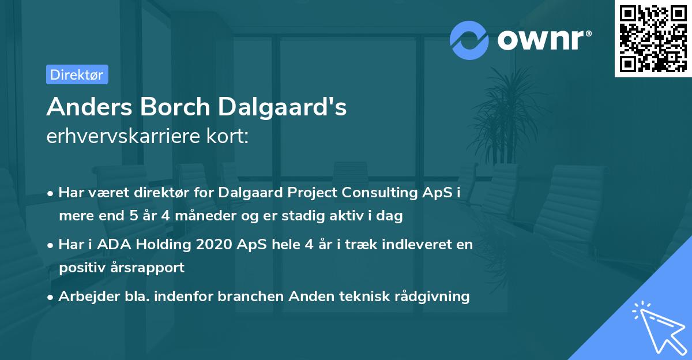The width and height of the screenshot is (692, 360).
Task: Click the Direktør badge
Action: coord(77,74)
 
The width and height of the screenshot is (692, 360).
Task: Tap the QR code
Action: coord(651,38)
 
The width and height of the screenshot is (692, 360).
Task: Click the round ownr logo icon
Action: coord(470,40)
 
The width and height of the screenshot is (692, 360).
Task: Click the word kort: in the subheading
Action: coord(228,137)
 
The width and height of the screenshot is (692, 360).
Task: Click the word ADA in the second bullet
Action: coord(113,244)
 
